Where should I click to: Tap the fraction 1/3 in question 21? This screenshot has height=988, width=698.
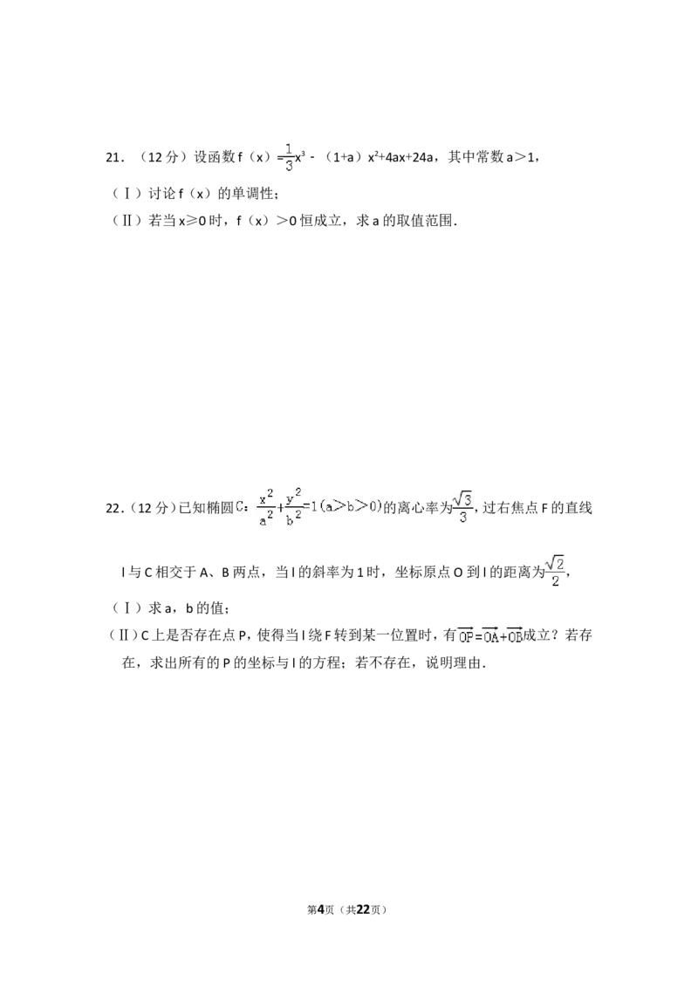[289, 157]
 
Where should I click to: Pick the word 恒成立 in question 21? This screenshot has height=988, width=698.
[320, 221]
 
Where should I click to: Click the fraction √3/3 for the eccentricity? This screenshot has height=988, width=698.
[463, 507]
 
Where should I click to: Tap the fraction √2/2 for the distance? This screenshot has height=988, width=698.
[555, 571]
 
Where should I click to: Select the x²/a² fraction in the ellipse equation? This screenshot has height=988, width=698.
[266, 507]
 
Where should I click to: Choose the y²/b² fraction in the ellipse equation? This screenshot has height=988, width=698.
[293, 507]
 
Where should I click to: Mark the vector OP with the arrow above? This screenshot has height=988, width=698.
[466, 635]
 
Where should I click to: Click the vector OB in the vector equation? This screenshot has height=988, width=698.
[515, 635]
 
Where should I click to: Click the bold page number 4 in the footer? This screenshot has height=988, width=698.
[320, 909]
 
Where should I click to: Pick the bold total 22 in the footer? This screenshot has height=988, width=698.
[363, 909]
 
